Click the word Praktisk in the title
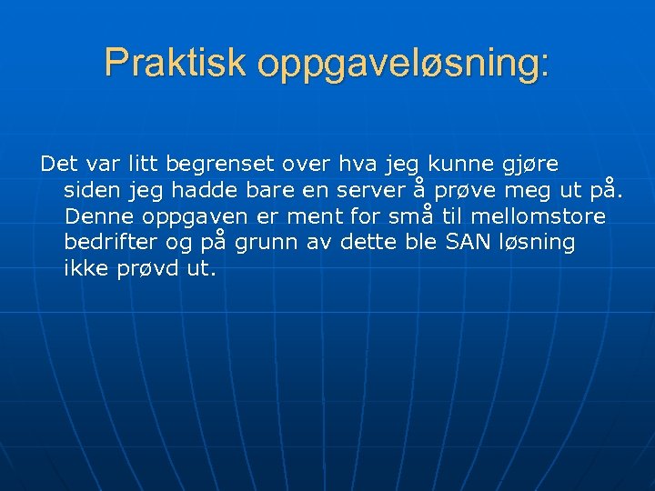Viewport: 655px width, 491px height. (x=176, y=63)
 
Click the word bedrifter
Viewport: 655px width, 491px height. (x=106, y=244)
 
